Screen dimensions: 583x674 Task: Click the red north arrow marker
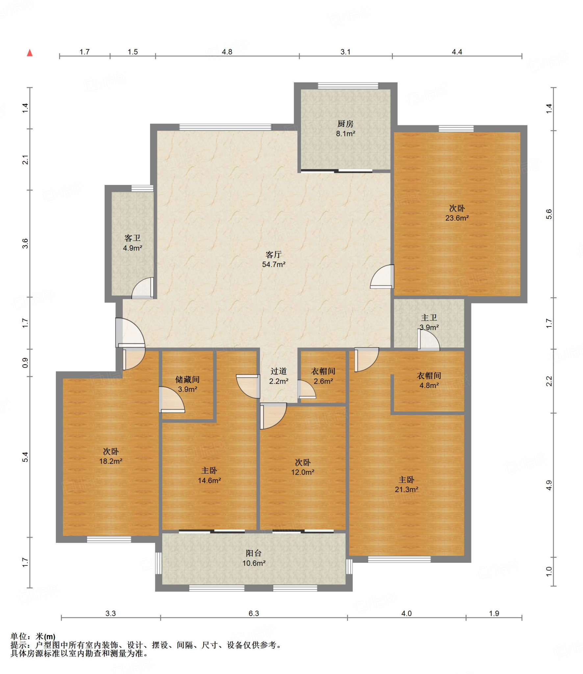coord(30,53)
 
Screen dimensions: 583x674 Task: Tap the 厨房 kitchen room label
coord(345,124)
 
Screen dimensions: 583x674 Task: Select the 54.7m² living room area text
coord(273,264)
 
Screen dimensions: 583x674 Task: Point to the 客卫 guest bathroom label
coord(132,238)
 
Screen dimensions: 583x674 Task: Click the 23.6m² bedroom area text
coord(457,218)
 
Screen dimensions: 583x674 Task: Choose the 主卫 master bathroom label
coord(429,318)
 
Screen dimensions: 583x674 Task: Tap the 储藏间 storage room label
coord(187,379)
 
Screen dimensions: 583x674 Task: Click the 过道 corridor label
coord(278,371)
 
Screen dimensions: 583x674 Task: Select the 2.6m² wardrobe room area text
coord(323,381)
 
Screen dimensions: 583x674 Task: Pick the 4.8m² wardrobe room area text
coord(429,385)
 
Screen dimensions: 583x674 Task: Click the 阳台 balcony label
coord(253,553)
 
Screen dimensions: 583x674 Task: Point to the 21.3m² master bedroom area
coord(406,489)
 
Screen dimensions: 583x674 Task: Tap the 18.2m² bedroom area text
coord(111,461)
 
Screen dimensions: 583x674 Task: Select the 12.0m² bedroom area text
coord(302,472)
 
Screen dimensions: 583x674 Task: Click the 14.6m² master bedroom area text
coord(209,480)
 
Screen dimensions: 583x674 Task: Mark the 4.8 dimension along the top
coord(227,52)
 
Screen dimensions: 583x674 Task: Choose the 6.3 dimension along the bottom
coord(254,613)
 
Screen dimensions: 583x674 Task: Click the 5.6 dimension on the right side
coord(549,214)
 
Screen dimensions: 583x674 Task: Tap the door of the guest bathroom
coord(143,288)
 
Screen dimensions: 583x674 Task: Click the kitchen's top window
coord(348,86)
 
